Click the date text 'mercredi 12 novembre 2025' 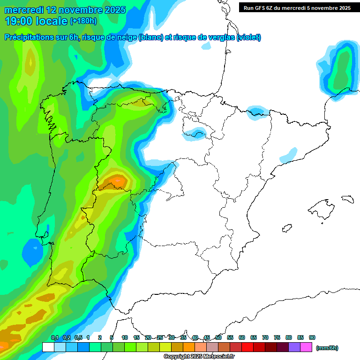(x=66, y=10)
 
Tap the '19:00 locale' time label (x=37, y=21)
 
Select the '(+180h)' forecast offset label (x=83, y=21)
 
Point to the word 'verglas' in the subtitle (x=220, y=37)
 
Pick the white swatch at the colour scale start (x=48, y=347)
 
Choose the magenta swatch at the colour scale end (x=306, y=347)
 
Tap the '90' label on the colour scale (x=312, y=338)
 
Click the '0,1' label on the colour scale (x=55, y=338)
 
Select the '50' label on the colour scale (x=218, y=338)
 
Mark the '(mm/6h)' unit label (x=327, y=348)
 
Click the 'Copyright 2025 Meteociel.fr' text (x=199, y=357)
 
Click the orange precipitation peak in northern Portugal (x=117, y=180)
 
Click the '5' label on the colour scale (x=112, y=338)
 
